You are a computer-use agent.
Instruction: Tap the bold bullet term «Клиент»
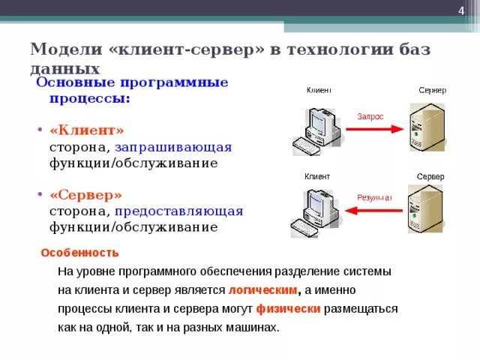point(86,130)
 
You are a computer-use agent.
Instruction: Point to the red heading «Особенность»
point(79,253)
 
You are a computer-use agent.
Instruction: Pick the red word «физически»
point(288,309)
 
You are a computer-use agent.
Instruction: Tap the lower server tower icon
point(425,212)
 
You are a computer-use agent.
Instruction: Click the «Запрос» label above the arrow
point(370,117)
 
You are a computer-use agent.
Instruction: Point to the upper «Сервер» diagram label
point(432,90)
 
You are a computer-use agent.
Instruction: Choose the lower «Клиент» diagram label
point(316,177)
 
